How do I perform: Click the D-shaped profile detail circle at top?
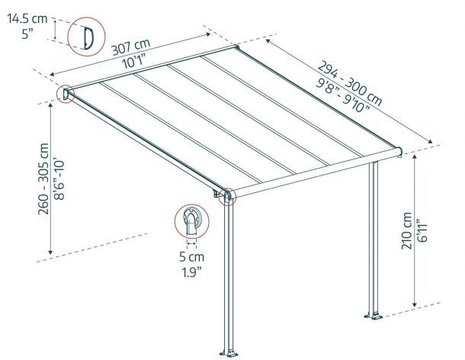click(85, 37)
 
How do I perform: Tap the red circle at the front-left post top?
click(227, 196)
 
